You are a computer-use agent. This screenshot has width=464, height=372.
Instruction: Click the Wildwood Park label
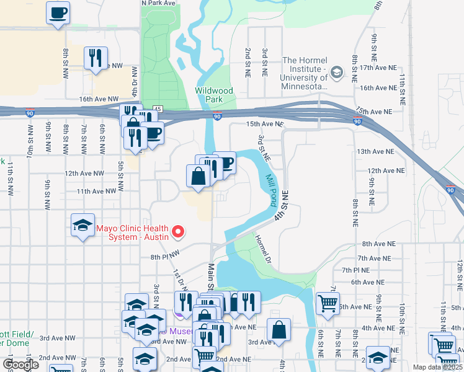pyautogui.click(x=214, y=95)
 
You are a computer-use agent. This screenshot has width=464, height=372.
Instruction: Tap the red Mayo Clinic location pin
pyautogui.click(x=179, y=232)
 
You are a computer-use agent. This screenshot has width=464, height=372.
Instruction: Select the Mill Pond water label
pyautogui.click(x=271, y=190)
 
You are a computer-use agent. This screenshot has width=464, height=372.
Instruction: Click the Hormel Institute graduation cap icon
pyautogui.click(x=336, y=73)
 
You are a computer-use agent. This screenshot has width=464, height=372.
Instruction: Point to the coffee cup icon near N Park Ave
pyautogui.click(x=58, y=13)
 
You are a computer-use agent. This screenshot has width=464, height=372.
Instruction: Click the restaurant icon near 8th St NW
pyautogui.click(x=96, y=58)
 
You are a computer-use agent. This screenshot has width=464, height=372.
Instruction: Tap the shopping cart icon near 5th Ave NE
pyautogui.click(x=328, y=303)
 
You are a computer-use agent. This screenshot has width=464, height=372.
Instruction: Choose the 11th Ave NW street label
pyautogui.click(x=97, y=192)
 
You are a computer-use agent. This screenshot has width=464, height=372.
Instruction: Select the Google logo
pyautogui.click(x=20, y=365)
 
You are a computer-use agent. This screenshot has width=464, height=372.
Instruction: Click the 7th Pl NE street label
pyautogui.click(x=355, y=270)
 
